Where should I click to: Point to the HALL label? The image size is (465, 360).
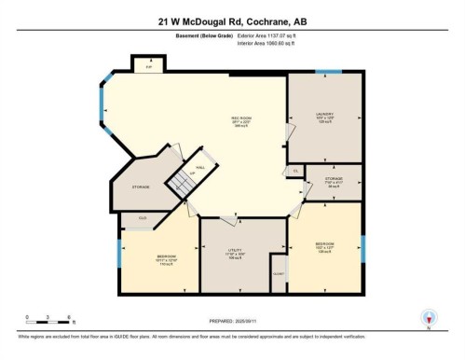(x=199, y=158)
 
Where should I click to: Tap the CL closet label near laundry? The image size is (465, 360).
(x=294, y=172)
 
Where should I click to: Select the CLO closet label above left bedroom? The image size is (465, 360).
(x=143, y=217)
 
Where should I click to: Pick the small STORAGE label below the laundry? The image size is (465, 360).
(x=334, y=180)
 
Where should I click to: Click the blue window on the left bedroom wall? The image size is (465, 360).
(x=118, y=253)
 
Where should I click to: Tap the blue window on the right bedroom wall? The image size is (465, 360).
(x=362, y=247)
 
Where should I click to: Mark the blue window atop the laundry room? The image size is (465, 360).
(x=328, y=72)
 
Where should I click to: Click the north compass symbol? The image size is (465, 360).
(x=428, y=316)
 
